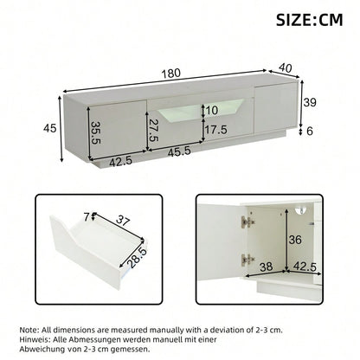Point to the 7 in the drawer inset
point(86,216)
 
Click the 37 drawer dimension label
point(126,222)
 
